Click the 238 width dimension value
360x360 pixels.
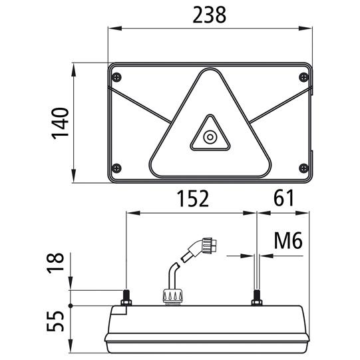click(x=209, y=15)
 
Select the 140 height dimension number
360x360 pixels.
click(x=60, y=124)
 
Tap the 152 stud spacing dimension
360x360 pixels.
click(x=193, y=198)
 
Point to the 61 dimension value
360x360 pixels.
click(x=283, y=198)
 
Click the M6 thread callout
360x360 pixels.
click(x=288, y=241)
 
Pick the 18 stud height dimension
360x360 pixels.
click(x=55, y=263)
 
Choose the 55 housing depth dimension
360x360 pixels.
click(x=55, y=321)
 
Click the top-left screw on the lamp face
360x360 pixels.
click(x=116, y=77)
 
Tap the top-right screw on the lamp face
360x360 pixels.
click(x=303, y=77)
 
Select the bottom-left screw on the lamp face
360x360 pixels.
click(x=116, y=168)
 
